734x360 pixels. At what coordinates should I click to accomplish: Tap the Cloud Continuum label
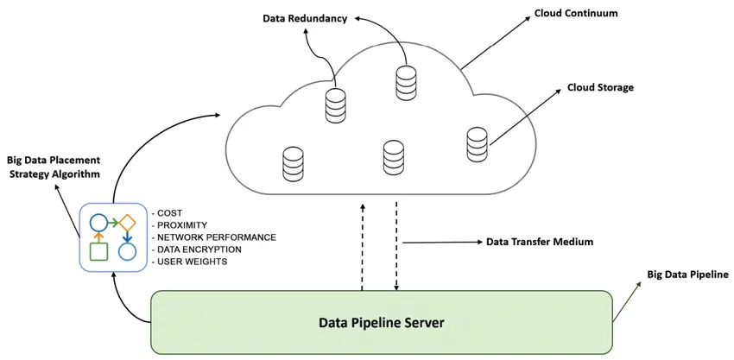tap(576, 13)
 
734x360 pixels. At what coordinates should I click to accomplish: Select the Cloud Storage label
tap(600, 87)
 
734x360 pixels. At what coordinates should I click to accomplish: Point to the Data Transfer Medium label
tap(540, 242)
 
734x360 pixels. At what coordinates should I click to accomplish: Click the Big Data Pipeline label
tap(687, 275)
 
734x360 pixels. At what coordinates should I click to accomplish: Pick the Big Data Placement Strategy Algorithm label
tap(54, 167)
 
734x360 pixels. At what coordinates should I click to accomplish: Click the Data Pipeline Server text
tap(382, 323)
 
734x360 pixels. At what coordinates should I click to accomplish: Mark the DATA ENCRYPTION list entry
tap(199, 249)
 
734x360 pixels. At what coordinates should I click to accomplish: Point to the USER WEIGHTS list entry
tap(191, 261)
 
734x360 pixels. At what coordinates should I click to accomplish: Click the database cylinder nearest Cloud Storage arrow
tap(478, 143)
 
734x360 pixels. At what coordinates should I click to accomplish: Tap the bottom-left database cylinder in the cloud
tap(294, 163)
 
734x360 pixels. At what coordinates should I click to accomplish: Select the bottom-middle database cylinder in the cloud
tap(394, 156)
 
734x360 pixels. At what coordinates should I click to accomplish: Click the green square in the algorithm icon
tap(98, 251)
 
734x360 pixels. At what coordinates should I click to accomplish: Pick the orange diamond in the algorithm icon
tap(128, 222)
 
